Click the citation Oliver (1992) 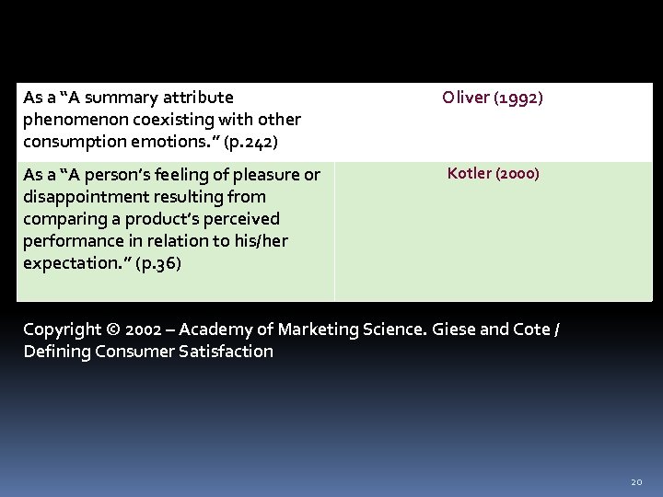[493, 98]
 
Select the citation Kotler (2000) [493, 173]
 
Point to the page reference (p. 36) [157, 263]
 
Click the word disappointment [79, 197]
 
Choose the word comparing [61, 219]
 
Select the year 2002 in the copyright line [144, 329]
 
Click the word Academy [220, 329]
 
